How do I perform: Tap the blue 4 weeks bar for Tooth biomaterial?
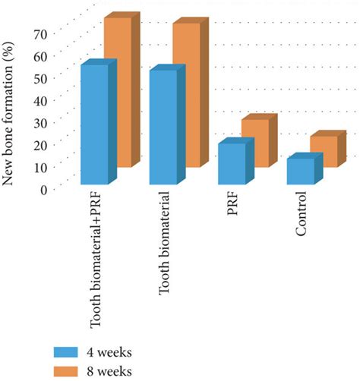[163, 127]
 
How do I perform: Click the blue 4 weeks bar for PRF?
[232, 163]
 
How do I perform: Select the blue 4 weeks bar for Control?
[300, 171]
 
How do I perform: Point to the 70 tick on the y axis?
[40, 33]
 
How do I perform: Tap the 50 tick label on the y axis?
[40, 77]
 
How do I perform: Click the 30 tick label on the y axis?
[40, 122]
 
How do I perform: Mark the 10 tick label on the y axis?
[40, 167]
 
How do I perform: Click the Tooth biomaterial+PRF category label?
[96, 262]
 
